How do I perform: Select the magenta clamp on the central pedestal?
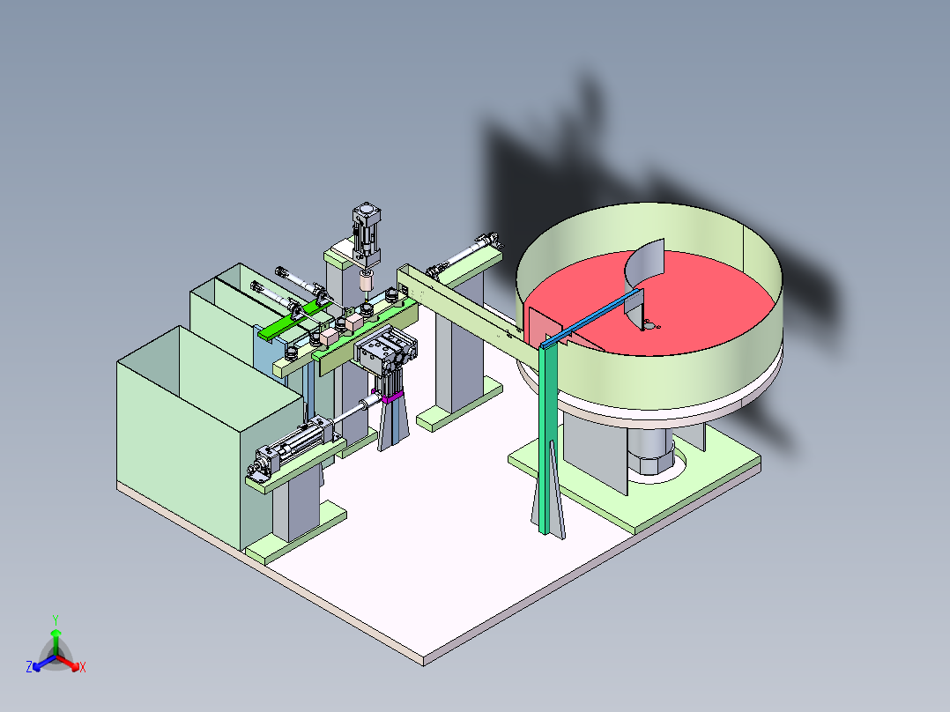click(392, 397)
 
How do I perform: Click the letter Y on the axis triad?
click(56, 619)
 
